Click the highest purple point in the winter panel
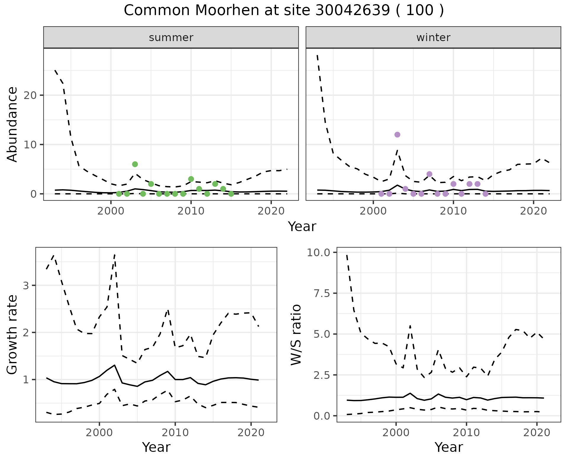[397, 135]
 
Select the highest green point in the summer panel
[135, 164]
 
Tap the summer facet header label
[171, 38]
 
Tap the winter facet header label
[433, 38]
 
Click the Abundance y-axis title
[12, 124]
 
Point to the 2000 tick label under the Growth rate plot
[99, 433]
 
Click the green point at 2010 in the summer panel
[191, 179]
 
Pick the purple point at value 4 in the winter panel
[430, 174]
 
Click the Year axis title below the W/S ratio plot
[448, 447]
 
